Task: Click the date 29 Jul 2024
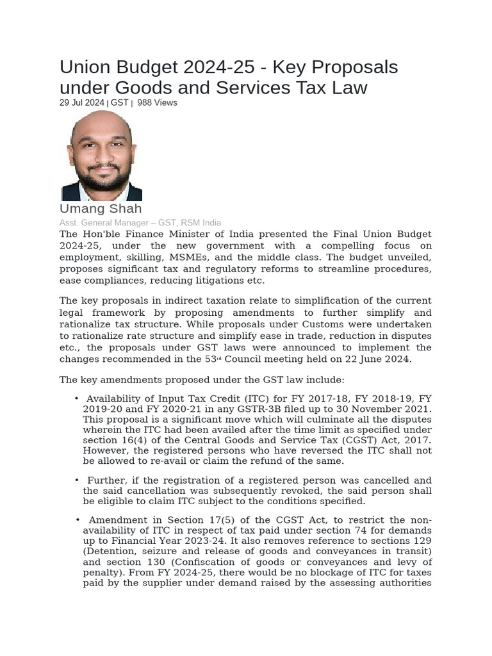click(x=81, y=102)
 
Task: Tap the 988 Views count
click(x=157, y=102)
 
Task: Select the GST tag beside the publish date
click(x=119, y=102)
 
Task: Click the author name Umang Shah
click(x=101, y=209)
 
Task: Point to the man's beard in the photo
click(x=102, y=178)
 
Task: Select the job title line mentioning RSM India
click(x=140, y=222)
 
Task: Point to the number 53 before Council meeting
click(x=210, y=359)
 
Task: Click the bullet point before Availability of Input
click(x=77, y=398)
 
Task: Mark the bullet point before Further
click(x=77, y=480)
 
